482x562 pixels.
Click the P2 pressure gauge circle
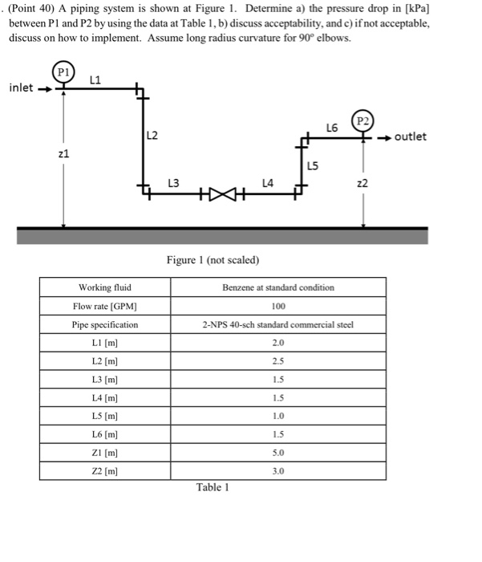click(x=364, y=122)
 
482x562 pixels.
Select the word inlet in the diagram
click(x=21, y=88)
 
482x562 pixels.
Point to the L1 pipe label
click(x=95, y=78)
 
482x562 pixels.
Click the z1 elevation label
click(x=63, y=153)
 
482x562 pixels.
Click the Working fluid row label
click(x=105, y=287)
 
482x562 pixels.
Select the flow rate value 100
click(x=278, y=306)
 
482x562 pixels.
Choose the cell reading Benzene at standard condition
click(x=278, y=287)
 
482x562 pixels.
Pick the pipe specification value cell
click(x=278, y=324)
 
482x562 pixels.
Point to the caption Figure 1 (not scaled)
click(x=213, y=259)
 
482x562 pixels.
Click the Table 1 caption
click(x=213, y=487)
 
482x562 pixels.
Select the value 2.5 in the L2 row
click(x=278, y=361)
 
